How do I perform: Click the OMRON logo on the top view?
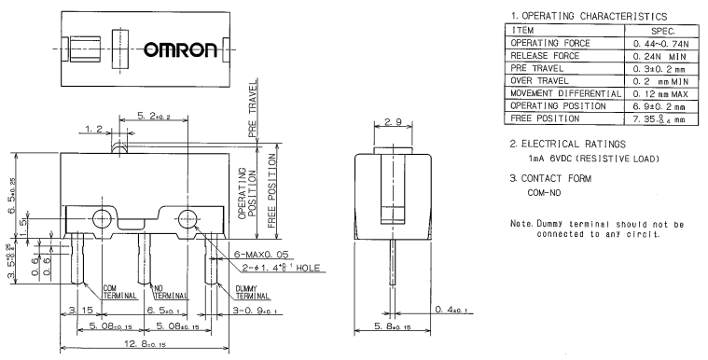[x=181, y=49]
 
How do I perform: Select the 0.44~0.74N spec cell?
[x=661, y=44]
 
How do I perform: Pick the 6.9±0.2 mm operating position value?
[x=659, y=106]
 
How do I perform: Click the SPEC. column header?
[x=663, y=31]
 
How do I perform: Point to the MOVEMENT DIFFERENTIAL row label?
[x=566, y=93]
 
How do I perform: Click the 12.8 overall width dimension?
[x=145, y=344]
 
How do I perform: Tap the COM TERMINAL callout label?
[x=119, y=292]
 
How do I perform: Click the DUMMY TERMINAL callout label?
[x=253, y=292]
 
